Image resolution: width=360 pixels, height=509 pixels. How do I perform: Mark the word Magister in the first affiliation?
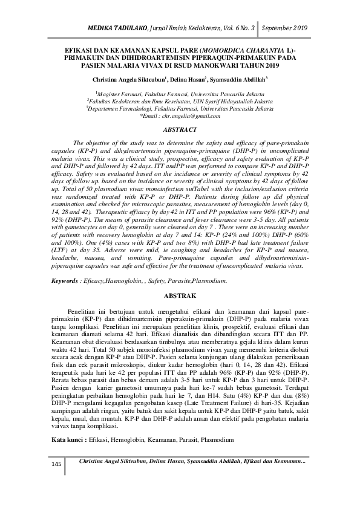click(112, 94)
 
